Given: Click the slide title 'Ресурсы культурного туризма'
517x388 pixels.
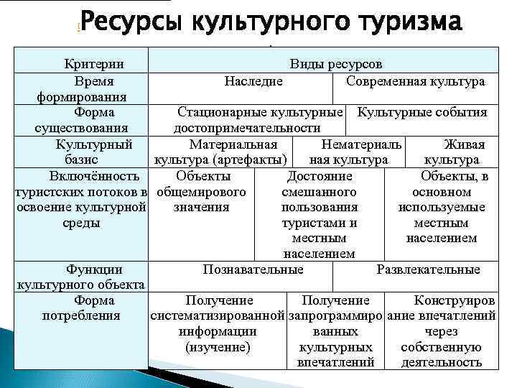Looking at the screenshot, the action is tap(270, 23).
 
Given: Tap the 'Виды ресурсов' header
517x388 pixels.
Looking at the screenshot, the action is tap(336, 65).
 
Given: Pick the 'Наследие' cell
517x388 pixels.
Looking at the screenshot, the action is tap(253, 81).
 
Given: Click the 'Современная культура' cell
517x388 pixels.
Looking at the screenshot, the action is tap(415, 81).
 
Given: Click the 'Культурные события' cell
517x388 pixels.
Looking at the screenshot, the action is tap(422, 113).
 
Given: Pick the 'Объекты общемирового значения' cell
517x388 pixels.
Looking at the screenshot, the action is tap(201, 192).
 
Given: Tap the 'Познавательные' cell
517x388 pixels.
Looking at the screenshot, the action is tap(253, 270).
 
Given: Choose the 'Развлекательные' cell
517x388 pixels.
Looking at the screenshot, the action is tap(428, 270).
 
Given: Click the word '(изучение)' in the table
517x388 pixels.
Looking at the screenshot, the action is tap(218, 347).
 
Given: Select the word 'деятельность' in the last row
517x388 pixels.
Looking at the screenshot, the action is tap(441, 362).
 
